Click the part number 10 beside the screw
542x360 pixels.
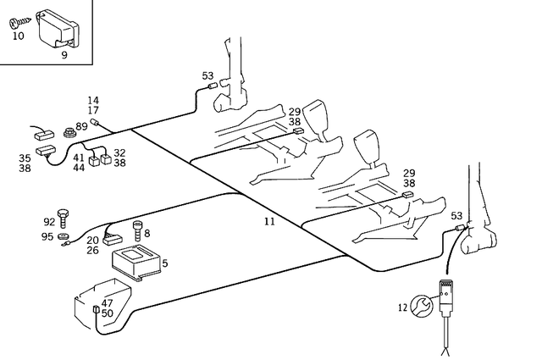click(x=19, y=37)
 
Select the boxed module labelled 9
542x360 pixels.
click(x=55, y=30)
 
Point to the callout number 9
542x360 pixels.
click(x=64, y=55)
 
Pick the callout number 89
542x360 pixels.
click(x=80, y=126)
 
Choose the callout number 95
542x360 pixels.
click(x=48, y=236)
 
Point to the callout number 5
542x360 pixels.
click(x=164, y=263)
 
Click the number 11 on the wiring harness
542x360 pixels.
click(x=269, y=221)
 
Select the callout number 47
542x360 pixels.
click(x=108, y=302)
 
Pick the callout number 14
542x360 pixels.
click(x=93, y=100)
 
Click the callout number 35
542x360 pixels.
click(x=25, y=158)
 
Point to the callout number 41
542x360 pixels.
click(x=78, y=158)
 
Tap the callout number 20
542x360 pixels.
click(x=91, y=240)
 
